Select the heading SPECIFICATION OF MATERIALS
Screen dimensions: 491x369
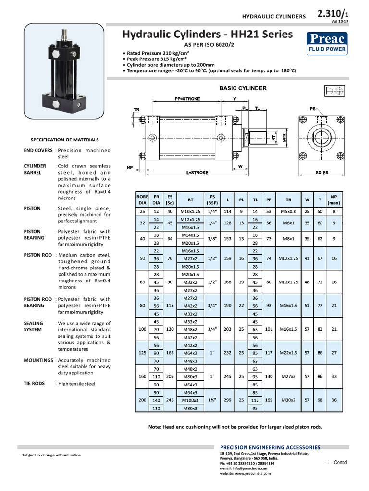pos(65,140)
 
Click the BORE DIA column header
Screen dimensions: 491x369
pos(142,199)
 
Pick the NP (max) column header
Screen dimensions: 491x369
pos(334,199)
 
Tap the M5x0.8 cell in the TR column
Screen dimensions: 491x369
pos(288,211)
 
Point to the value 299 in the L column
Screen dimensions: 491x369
pos(228,400)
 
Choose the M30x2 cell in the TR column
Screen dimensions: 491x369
pos(288,400)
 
